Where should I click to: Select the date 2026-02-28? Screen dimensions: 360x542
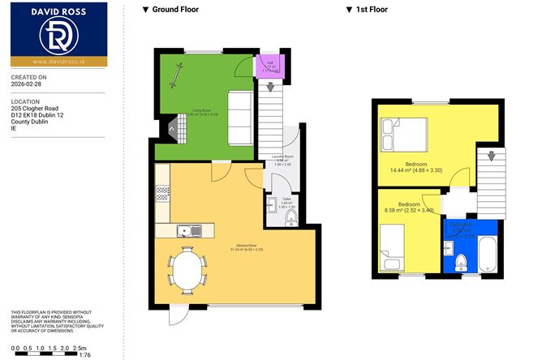(x=27, y=82)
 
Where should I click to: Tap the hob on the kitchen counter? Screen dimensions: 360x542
(x=162, y=194)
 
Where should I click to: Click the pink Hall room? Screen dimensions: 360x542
(x=265, y=65)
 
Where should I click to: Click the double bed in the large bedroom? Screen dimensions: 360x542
(x=403, y=134)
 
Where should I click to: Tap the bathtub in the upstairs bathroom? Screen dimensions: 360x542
(x=489, y=251)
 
